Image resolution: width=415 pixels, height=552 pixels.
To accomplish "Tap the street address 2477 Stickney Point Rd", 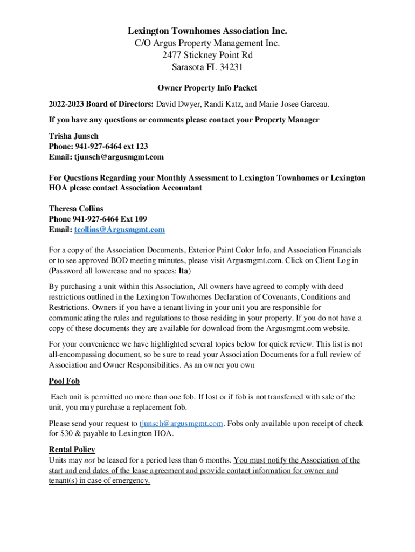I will coord(207,55).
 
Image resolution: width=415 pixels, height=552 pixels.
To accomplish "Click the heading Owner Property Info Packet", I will coord(207,87).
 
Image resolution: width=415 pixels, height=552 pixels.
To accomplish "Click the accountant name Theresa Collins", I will coord(76,209).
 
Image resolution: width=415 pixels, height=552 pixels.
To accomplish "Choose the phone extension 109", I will coord(140,219).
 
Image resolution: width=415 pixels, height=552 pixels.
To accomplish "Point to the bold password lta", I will coord(183,271).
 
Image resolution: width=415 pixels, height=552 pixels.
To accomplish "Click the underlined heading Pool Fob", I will coord(64,381).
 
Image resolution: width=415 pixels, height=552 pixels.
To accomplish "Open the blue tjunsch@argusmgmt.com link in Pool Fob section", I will coord(181,423).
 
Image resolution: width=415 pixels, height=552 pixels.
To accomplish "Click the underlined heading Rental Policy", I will coord(72,450).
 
